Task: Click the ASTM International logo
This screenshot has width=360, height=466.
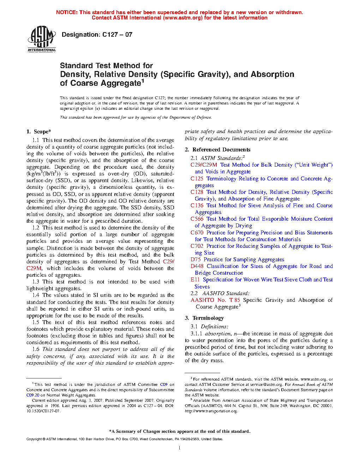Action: tap(42, 39)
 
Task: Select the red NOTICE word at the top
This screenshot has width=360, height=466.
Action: tap(66, 12)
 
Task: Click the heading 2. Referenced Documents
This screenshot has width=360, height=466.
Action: tap(217, 150)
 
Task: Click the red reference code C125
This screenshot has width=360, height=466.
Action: tap(197, 179)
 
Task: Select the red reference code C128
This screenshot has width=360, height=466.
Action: tap(197, 192)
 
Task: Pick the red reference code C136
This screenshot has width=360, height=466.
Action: tap(197, 205)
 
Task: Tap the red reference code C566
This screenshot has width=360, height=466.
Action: tap(197, 219)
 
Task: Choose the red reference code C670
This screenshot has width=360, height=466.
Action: tap(197, 233)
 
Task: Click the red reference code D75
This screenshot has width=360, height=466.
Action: tap(196, 259)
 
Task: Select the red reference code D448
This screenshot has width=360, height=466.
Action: tap(197, 266)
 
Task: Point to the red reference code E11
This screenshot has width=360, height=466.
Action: tap(195, 280)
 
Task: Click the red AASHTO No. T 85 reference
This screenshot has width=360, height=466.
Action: tap(215, 300)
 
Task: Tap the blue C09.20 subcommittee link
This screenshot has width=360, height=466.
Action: tap(33, 395)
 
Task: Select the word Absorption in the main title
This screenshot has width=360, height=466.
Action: tap(272, 74)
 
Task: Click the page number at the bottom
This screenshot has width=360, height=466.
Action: tap(180, 448)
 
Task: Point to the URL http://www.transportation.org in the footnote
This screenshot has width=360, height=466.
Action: tap(211, 411)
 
